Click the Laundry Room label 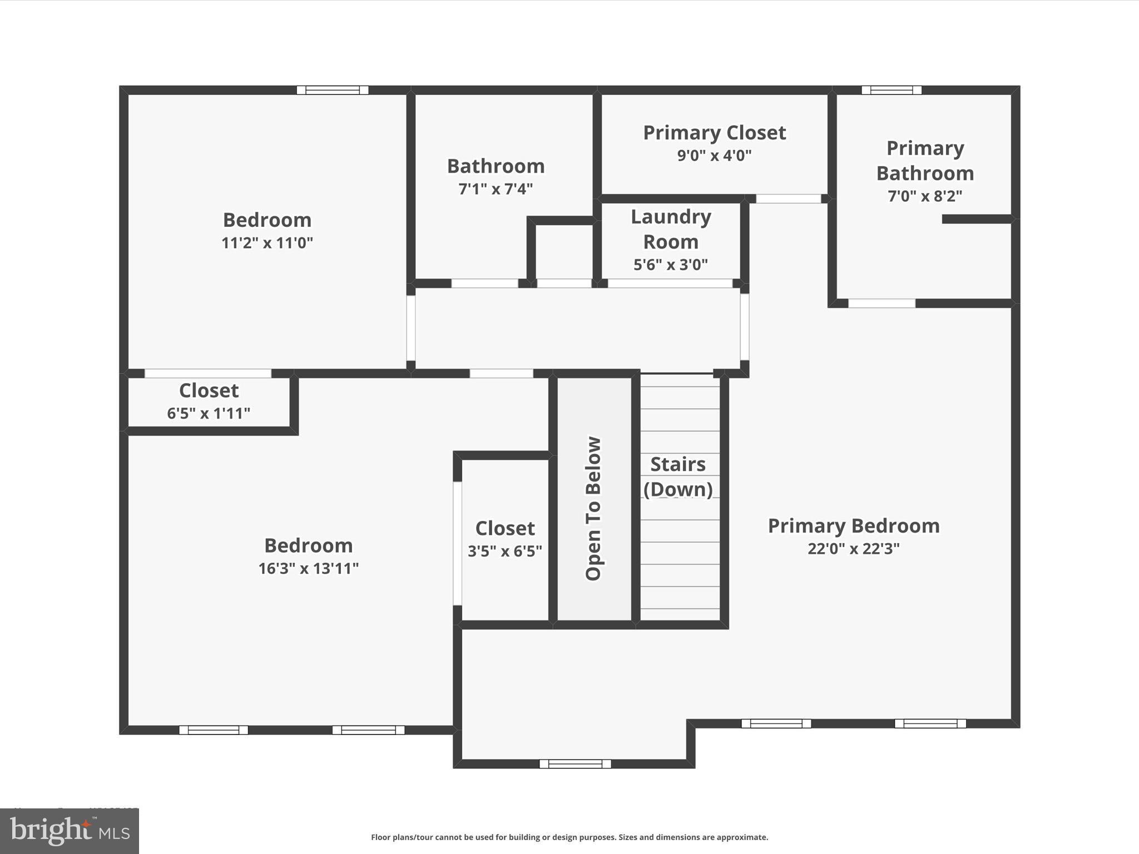tap(671, 229)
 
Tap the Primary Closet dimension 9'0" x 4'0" tap(714, 156)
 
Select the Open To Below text tap(593, 509)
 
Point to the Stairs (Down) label tap(678, 476)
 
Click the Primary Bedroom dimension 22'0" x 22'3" tap(853, 549)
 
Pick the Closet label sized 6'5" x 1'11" tap(209, 390)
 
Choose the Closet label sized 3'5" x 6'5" tap(504, 528)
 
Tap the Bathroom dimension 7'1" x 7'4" tap(495, 189)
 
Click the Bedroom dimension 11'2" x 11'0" tap(267, 243)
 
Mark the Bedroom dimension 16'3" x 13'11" tap(308, 568)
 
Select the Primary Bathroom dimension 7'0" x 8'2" tap(925, 196)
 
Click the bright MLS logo tap(70, 831)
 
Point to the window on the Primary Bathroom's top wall tap(892, 90)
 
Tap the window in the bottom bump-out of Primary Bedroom tap(575, 764)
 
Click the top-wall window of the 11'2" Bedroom tap(333, 90)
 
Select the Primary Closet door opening tap(789, 198)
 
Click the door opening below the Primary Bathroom tap(882, 303)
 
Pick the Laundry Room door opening tap(670, 284)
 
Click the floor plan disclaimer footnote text tap(569, 837)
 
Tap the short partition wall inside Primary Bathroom tap(977, 219)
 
